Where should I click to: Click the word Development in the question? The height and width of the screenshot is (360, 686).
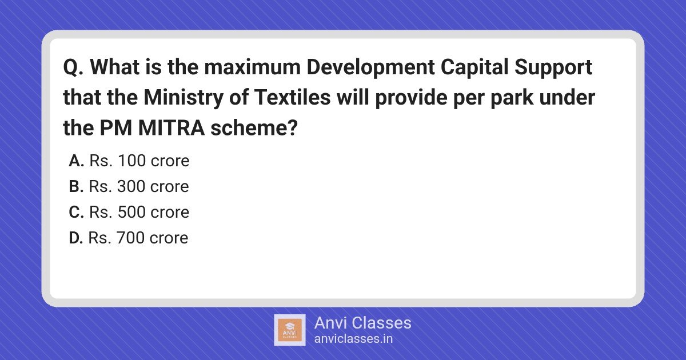point(370,67)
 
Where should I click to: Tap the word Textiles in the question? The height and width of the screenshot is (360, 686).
point(293,97)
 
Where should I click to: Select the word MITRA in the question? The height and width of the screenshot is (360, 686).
point(171,128)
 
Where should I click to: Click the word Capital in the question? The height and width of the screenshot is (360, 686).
point(474,67)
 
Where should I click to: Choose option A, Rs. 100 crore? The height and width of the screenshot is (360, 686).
point(129,161)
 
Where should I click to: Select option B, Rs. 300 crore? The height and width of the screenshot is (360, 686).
point(129,186)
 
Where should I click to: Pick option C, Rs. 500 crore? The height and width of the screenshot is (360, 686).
point(129,212)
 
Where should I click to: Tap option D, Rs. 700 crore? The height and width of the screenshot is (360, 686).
point(129,238)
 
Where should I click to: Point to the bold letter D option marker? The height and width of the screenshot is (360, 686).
point(76,238)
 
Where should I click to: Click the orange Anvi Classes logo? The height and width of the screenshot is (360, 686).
point(290,330)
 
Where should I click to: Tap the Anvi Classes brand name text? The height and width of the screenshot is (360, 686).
point(362,323)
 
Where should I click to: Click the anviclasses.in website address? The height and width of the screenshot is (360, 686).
point(353,339)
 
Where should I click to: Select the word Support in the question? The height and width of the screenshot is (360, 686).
point(553,67)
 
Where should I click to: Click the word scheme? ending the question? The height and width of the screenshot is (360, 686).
point(254,128)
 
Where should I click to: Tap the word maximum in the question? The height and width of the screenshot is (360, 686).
point(252,67)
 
